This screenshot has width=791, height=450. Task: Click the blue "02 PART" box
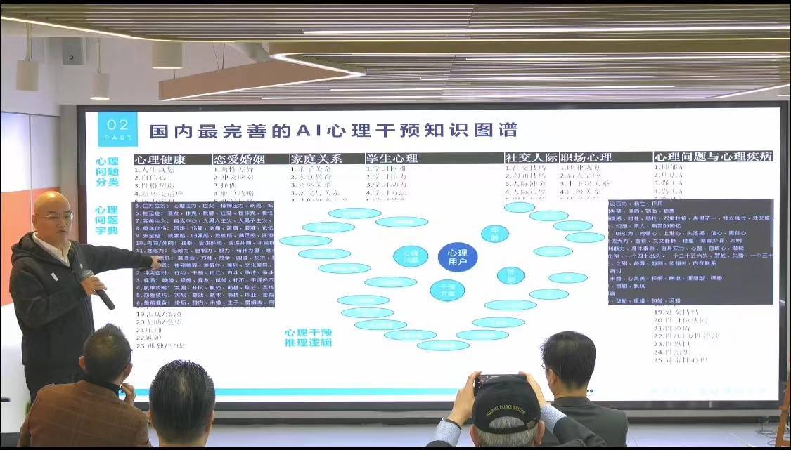point(117,128)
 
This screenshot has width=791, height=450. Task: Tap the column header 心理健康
point(160,159)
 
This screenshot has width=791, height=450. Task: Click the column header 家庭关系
point(316,159)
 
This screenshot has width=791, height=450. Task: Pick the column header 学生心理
point(392,159)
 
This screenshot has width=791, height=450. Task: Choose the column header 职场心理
point(586,159)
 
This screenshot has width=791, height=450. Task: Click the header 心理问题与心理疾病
point(713,157)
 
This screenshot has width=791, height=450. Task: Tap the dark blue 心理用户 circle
point(457,257)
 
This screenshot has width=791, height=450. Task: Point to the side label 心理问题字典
point(107,220)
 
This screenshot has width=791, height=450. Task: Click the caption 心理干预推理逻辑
point(309,338)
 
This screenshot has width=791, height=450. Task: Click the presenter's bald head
point(53,211)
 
